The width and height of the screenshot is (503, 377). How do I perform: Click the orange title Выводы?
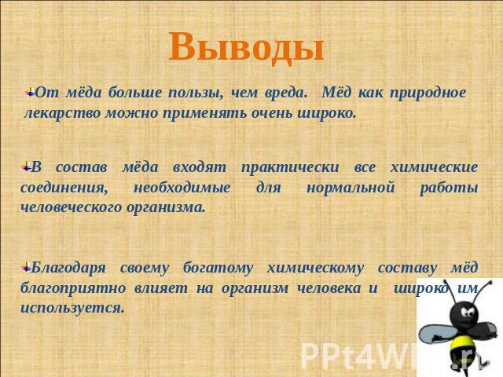pyautogui.click(x=246, y=47)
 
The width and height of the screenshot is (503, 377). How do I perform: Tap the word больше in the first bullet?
pyautogui.click(x=135, y=93)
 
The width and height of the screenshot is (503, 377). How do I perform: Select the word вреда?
pyautogui.click(x=285, y=93)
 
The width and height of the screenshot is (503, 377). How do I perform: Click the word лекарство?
pyautogui.click(x=63, y=113)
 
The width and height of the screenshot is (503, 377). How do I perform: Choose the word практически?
pyautogui.click(x=290, y=168)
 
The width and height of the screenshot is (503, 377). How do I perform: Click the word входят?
pyautogui.click(x=199, y=167)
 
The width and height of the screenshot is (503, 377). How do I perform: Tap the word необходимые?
pyautogui.click(x=182, y=188)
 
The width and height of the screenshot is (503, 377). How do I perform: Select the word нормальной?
pyautogui.click(x=351, y=188)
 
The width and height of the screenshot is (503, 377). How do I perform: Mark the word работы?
pyautogui.click(x=449, y=188)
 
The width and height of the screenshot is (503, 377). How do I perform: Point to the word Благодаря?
pyautogui.click(x=68, y=268)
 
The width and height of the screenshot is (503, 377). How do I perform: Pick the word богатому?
pyautogui.click(x=218, y=268)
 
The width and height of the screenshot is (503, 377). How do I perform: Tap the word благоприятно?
pyautogui.click(x=73, y=288)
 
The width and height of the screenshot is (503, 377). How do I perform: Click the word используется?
pyautogui.click(x=72, y=309)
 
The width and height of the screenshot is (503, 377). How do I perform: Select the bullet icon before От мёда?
pyautogui.click(x=30, y=93)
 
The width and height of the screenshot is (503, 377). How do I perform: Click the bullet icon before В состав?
pyautogui.click(x=26, y=167)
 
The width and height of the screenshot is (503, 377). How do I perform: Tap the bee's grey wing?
pyautogui.click(x=435, y=334)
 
